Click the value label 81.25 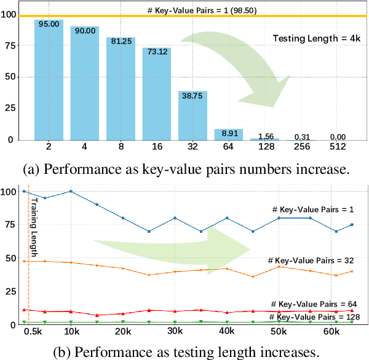coord(121,42)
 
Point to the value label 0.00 coord(337,136)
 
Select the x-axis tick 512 coord(337,147)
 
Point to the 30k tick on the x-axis coord(175,332)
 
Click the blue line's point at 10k coord(71,191)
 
